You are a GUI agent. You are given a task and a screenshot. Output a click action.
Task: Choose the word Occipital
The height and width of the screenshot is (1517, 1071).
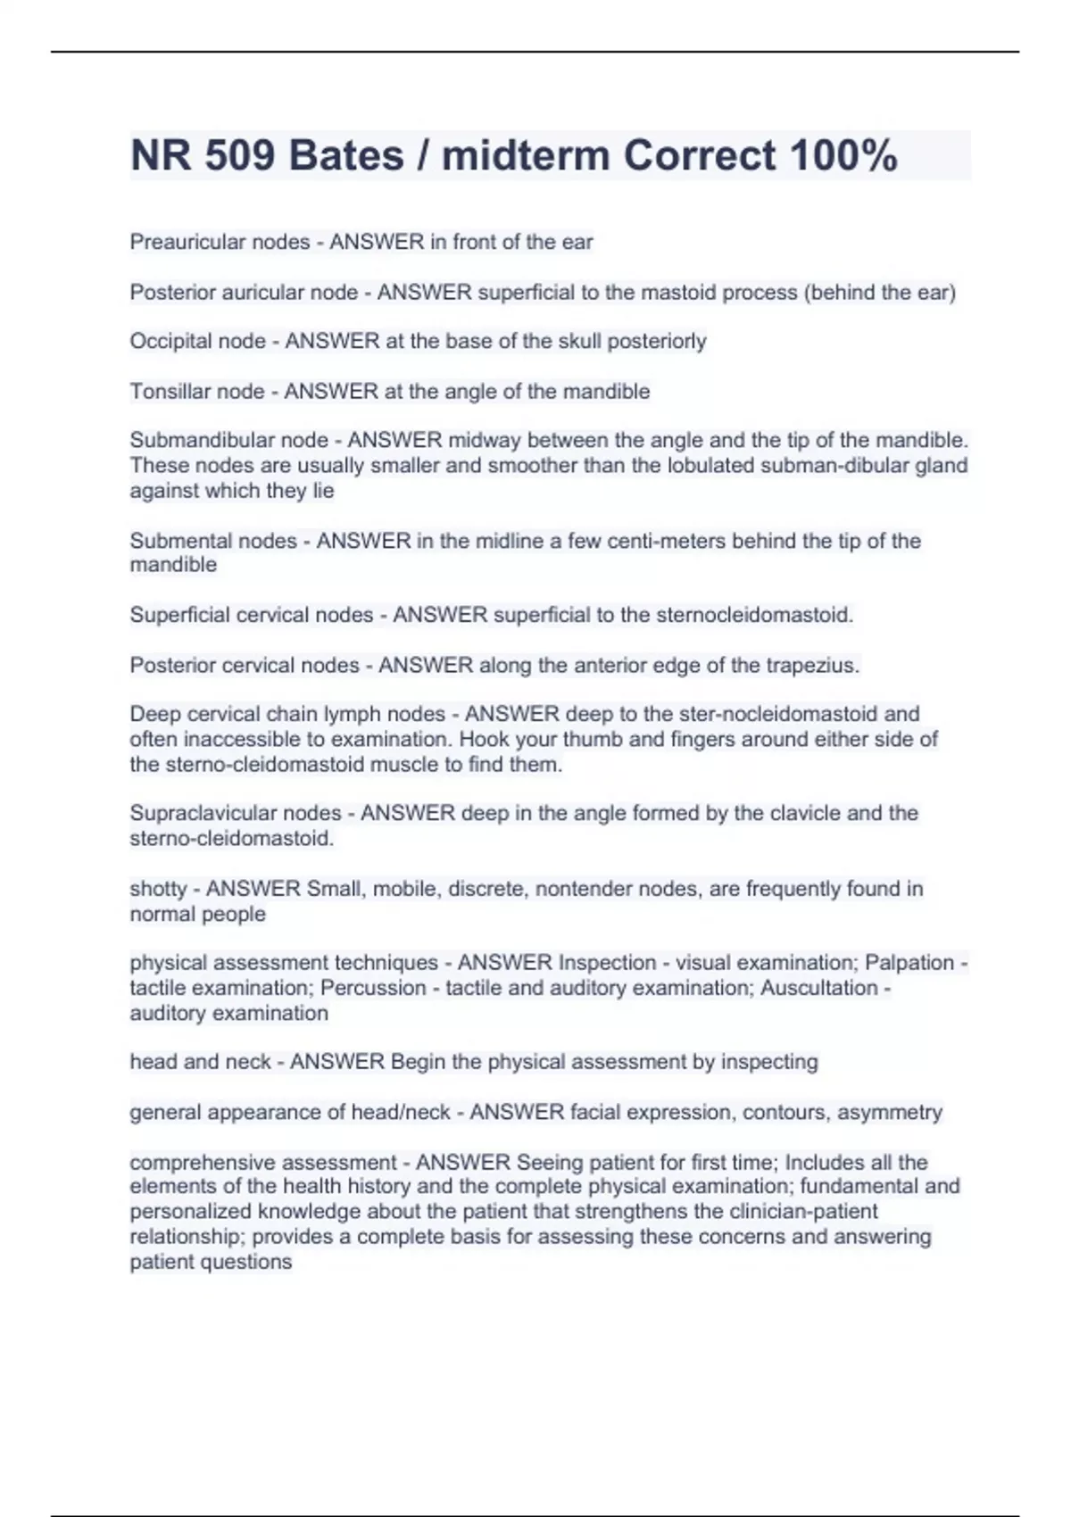[167, 341]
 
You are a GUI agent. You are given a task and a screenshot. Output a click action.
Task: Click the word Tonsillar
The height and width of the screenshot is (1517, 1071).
[165, 392]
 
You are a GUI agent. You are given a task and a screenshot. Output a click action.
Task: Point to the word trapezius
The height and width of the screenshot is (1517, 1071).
[812, 665]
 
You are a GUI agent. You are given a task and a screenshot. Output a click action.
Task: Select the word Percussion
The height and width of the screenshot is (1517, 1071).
[373, 988]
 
